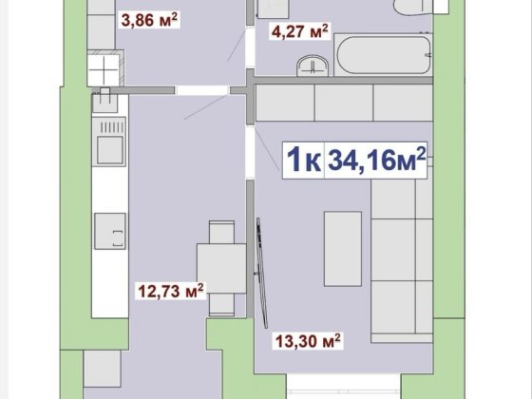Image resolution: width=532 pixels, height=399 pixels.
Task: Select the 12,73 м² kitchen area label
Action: [167, 292]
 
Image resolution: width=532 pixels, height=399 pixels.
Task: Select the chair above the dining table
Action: [220, 232]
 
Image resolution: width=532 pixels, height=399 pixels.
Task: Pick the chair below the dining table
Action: [220, 303]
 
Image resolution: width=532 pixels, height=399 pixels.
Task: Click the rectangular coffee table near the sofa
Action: [343, 246]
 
